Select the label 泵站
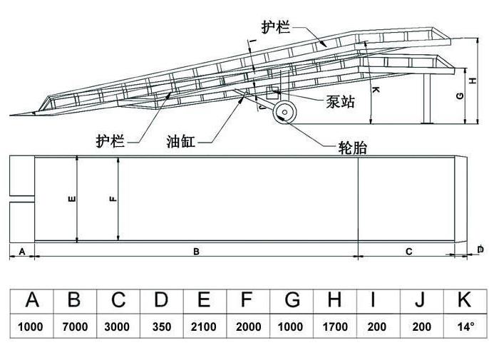point(341,103)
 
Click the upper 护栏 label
point(276,27)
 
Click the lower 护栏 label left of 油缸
point(110,140)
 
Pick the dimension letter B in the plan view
point(196,251)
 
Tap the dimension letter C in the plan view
point(408,251)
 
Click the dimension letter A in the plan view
point(21,251)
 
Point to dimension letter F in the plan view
point(113,199)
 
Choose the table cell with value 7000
point(75,327)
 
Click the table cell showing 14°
point(465,327)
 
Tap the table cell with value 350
point(161,327)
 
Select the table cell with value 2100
point(204,327)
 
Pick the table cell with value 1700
point(334,327)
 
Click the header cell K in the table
point(465,300)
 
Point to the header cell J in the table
point(421,300)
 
